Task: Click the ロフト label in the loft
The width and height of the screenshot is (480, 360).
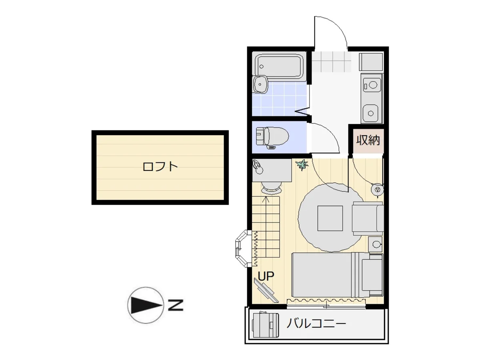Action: [160, 166]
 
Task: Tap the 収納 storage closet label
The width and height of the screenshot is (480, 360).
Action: [368, 140]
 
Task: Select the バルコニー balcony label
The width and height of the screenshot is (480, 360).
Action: [316, 323]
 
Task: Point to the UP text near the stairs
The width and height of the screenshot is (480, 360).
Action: [266, 276]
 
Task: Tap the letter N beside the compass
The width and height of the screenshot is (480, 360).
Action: [175, 305]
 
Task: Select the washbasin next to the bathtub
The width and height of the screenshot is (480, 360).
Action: [260, 84]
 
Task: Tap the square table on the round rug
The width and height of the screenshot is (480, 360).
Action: [330, 218]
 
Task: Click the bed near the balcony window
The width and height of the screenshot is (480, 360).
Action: [338, 275]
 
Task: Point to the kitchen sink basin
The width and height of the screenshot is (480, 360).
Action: [371, 113]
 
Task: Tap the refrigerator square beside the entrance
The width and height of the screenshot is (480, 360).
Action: [371, 62]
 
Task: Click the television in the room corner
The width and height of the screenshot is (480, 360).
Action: [266, 290]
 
